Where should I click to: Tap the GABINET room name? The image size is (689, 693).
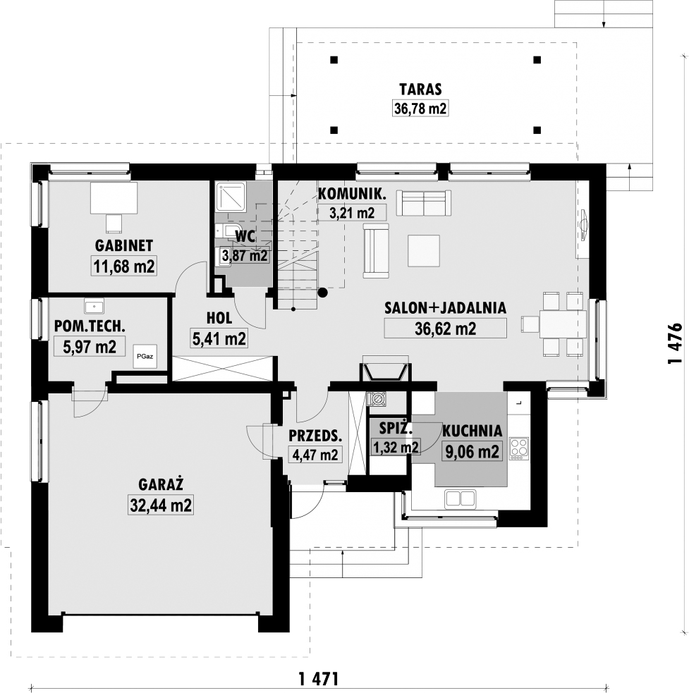tap(124, 246)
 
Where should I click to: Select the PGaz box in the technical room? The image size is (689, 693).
tap(145, 356)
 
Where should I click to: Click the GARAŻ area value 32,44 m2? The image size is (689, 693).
tap(161, 505)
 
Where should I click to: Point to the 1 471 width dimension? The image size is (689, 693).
tap(319, 678)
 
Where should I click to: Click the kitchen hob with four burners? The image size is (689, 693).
tap(519, 448)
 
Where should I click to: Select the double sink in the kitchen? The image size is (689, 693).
tap(461, 498)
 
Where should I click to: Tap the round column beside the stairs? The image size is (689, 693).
tap(323, 292)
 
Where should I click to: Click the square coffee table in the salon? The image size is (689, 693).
tap(424, 250)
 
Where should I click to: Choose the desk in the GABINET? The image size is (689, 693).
tap(114, 197)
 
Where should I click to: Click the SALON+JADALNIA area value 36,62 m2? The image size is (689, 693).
tap(445, 329)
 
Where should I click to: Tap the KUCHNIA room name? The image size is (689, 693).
tap(472, 431)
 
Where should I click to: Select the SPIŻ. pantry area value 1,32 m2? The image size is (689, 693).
tap(396, 447)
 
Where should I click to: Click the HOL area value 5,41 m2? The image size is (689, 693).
tap(219, 338)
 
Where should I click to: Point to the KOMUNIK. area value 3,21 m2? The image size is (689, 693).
tap(352, 213)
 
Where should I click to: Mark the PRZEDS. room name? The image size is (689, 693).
tap(315, 436)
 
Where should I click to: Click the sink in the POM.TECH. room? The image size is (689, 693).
tap(93, 306)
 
